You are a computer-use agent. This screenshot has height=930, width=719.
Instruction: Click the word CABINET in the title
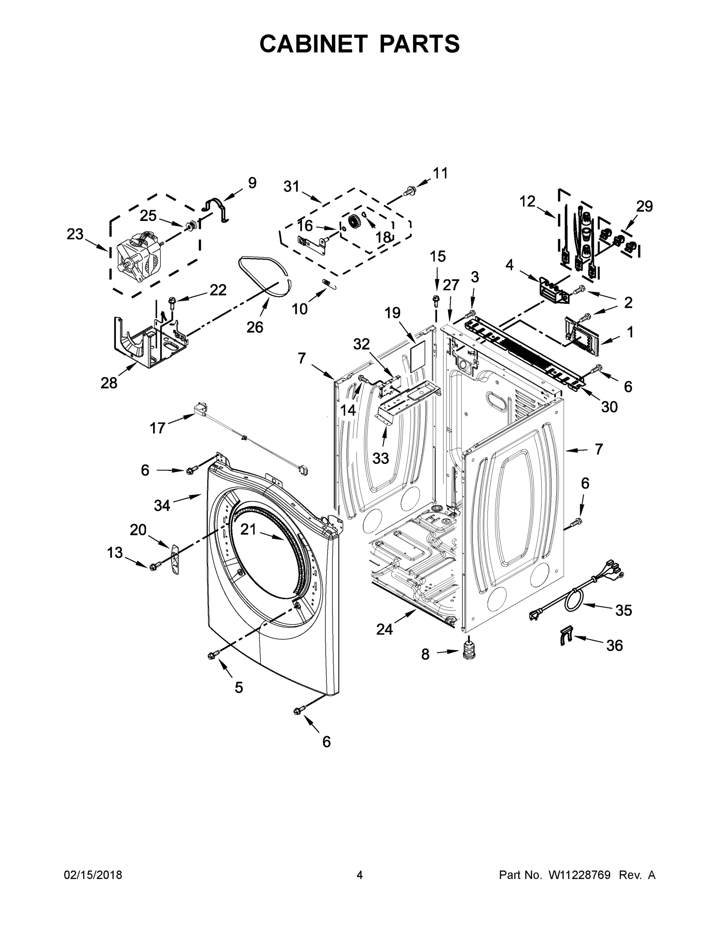click(314, 43)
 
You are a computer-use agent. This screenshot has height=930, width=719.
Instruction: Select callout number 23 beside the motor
click(75, 234)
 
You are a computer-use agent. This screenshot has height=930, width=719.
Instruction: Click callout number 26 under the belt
click(255, 327)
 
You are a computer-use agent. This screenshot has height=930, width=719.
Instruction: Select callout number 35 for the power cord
click(624, 610)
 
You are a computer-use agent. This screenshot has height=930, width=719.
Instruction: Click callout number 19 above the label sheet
click(392, 313)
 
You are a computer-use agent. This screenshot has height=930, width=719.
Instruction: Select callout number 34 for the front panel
click(162, 505)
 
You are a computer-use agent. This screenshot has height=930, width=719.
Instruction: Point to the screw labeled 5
click(212, 655)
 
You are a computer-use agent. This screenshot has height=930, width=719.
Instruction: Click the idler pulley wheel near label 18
click(354, 221)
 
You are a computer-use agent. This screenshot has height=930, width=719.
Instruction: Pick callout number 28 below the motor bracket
click(109, 383)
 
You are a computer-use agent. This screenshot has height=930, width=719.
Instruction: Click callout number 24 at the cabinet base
click(384, 629)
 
